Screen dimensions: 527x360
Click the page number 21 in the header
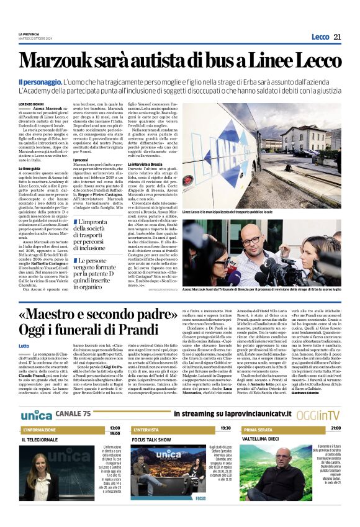pyautogui.click(x=338, y=37)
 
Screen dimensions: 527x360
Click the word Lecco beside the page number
pyautogui.click(x=320, y=37)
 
